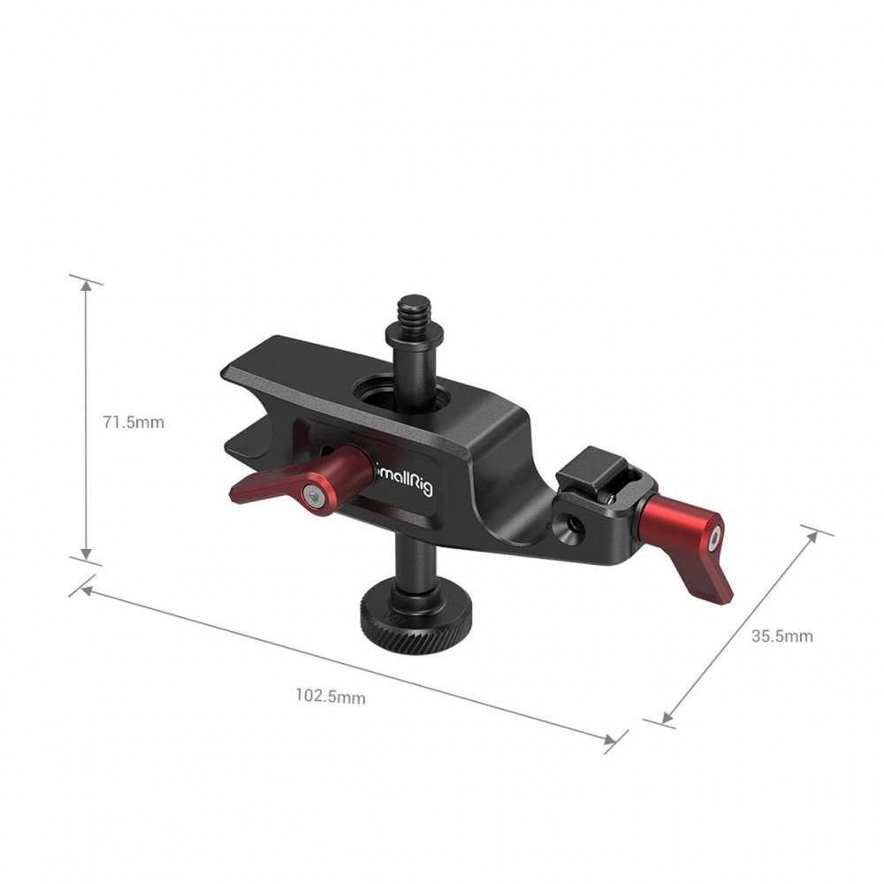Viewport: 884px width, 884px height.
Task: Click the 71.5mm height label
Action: pyautogui.click(x=133, y=422)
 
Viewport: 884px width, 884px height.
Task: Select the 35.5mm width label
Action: pyautogui.click(x=781, y=636)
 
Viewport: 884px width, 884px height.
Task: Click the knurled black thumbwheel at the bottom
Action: pyautogui.click(x=394, y=619)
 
